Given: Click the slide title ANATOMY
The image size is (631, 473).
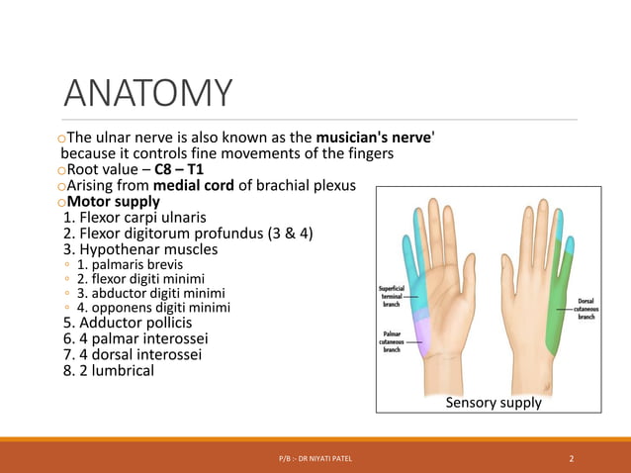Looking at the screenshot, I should click(148, 94).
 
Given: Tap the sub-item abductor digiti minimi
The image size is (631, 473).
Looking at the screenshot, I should click(150, 293).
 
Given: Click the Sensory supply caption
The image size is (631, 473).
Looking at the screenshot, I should click(494, 403).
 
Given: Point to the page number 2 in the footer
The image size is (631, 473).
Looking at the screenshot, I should click(572, 458).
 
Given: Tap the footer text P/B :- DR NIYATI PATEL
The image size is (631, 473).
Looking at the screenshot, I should click(315, 458).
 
